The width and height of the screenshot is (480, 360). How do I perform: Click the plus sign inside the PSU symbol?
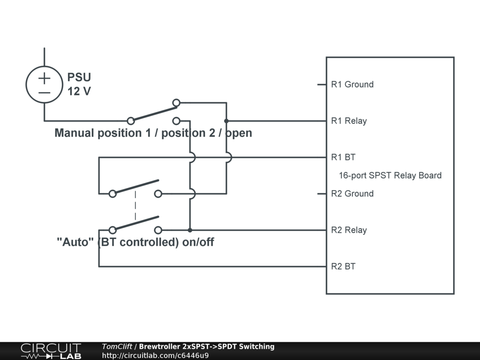[45, 78]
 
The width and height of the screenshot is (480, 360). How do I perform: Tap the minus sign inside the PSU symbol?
[45, 92]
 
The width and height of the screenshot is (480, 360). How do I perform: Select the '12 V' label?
[79, 91]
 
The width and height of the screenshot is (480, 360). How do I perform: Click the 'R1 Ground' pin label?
[352, 84]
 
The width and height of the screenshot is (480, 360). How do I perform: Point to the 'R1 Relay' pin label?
[349, 121]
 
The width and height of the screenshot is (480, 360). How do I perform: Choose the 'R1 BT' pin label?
[343, 157]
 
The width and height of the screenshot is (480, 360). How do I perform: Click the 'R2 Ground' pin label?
[352, 194]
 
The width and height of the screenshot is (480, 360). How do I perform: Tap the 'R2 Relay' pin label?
[349, 230]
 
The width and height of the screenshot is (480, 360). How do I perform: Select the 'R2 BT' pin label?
[343, 267]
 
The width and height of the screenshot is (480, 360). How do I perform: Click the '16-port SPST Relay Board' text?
[390, 175]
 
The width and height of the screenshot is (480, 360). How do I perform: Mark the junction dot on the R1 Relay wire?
[226, 121]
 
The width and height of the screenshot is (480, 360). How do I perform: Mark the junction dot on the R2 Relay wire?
[190, 230]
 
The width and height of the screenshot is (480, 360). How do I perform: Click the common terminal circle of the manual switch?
[131, 121]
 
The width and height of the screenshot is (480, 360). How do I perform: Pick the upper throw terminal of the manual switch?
[176, 103]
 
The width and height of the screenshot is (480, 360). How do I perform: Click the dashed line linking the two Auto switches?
[135, 205]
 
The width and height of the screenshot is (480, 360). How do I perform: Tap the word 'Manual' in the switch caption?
[75, 133]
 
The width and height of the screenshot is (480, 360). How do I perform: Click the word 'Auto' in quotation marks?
[75, 242]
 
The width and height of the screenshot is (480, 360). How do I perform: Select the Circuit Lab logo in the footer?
[51, 351]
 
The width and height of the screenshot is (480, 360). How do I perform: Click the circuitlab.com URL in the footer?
[155, 356]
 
